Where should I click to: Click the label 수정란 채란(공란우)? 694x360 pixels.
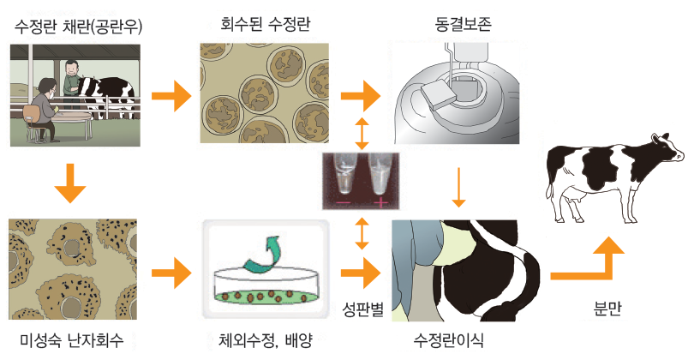click(77, 27)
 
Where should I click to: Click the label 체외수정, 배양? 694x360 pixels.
click(264, 339)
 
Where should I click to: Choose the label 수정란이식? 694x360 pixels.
click(447, 339)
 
